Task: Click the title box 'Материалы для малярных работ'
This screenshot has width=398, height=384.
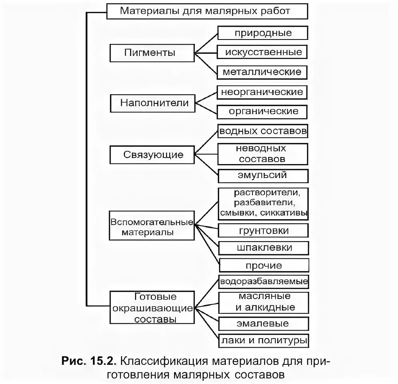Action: pyautogui.click(x=207, y=11)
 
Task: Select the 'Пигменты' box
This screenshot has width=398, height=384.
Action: pyautogui.click(x=152, y=52)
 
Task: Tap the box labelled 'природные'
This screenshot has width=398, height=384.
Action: pyautogui.click(x=263, y=33)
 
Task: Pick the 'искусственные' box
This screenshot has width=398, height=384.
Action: pyautogui.click(x=263, y=52)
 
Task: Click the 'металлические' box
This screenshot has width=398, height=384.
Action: pyautogui.click(x=263, y=72)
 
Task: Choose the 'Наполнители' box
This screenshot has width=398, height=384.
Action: pyautogui.click(x=152, y=103)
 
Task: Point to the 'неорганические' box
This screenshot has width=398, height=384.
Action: pyautogui.click(x=263, y=92)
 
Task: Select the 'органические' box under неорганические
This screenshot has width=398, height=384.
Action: pyautogui.click(x=263, y=111)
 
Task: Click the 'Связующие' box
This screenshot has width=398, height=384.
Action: pyautogui.click(x=152, y=154)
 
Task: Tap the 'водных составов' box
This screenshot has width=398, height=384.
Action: pyautogui.click(x=263, y=131)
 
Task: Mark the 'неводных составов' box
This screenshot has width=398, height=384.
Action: pyautogui.click(x=263, y=154)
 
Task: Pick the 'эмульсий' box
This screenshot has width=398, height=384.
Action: pyautogui.click(x=263, y=175)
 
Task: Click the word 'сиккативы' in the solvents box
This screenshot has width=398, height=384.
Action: pyautogui.click(x=284, y=213)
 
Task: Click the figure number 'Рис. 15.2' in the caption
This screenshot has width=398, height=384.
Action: pyautogui.click(x=88, y=362)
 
